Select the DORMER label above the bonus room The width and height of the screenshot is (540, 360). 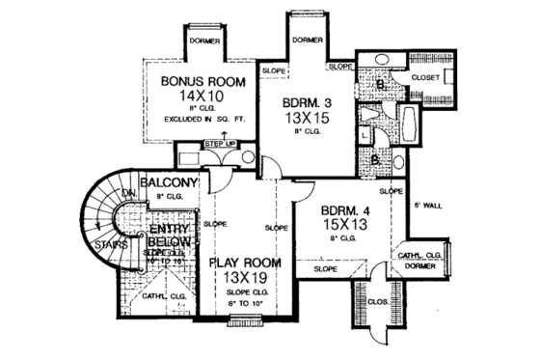click(205, 42)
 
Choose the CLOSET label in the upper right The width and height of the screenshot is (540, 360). click(426, 75)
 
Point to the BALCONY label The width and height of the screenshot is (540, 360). click(170, 182)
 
